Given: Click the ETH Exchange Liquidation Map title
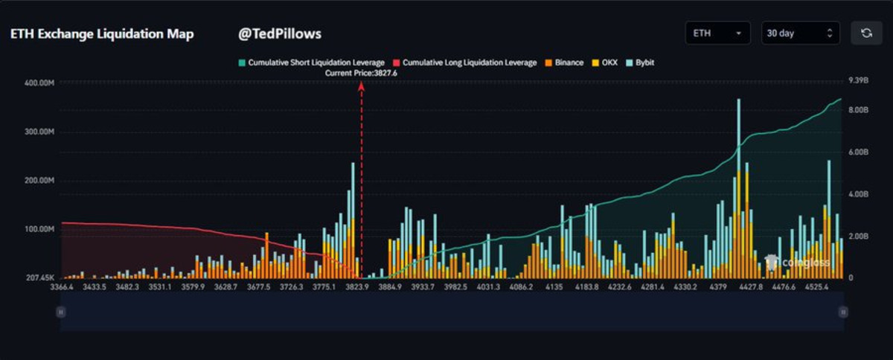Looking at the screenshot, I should click(101, 34).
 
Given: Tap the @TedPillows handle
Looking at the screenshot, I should click(279, 34).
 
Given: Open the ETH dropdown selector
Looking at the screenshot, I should click(717, 33).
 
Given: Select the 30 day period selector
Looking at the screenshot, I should click(800, 33).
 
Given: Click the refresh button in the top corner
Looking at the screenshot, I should click(866, 33).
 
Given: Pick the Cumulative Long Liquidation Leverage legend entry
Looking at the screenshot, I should click(465, 63).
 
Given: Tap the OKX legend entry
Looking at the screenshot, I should click(604, 63).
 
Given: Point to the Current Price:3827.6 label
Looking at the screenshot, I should click(361, 73).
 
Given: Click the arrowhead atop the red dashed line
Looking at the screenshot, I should click(362, 86).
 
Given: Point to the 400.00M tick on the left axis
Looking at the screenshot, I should click(40, 83).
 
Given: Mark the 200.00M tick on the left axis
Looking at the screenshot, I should click(40, 181).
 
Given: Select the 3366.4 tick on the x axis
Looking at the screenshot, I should click(62, 286).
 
